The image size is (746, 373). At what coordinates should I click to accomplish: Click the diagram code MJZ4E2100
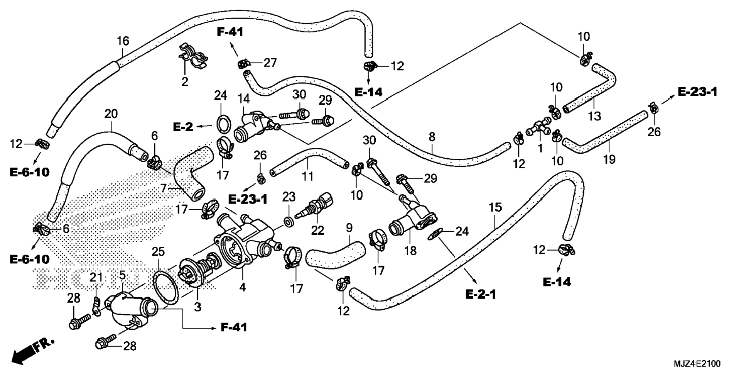coord(697,363)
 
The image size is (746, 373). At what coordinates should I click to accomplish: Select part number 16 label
coord(123,41)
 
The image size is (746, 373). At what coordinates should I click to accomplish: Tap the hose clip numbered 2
coord(193,57)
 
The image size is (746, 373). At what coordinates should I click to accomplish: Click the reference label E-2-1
coord(481,295)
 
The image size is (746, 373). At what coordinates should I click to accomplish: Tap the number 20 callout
coord(111,114)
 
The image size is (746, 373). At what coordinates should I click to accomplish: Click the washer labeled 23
coord(288,222)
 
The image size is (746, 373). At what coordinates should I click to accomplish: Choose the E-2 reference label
coord(182,127)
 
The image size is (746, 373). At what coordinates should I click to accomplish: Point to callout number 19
coord(609,159)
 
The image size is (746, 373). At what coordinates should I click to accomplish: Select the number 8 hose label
coord(432,137)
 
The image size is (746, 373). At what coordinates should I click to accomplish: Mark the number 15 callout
coord(495,207)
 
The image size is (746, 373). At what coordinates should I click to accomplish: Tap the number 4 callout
coord(242,287)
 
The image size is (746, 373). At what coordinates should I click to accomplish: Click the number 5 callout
coord(122,275)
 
